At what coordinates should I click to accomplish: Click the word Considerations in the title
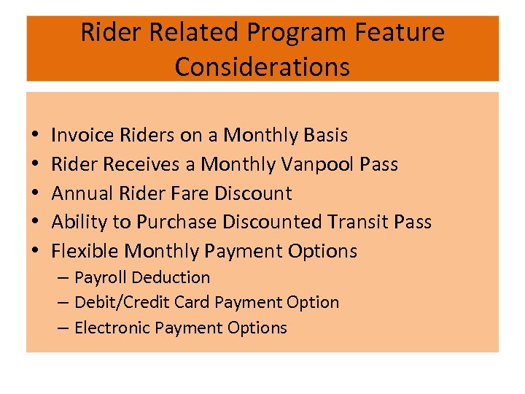coord(262,66)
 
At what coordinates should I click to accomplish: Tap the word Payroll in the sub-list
coord(101,277)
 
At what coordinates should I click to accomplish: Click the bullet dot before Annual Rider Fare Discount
coord(36,194)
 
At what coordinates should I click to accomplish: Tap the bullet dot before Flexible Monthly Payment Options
coord(36,252)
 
